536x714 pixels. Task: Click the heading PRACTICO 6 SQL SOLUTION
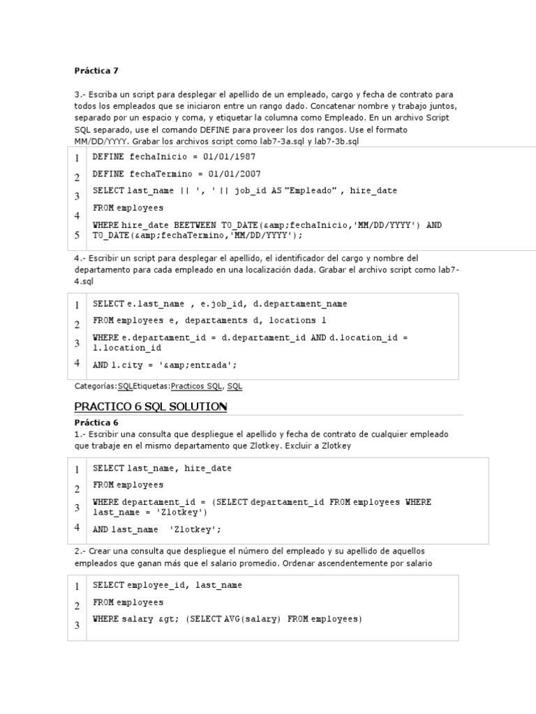tap(151, 407)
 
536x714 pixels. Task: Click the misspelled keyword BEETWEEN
tap(195, 225)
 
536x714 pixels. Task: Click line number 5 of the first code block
tap(77, 236)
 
